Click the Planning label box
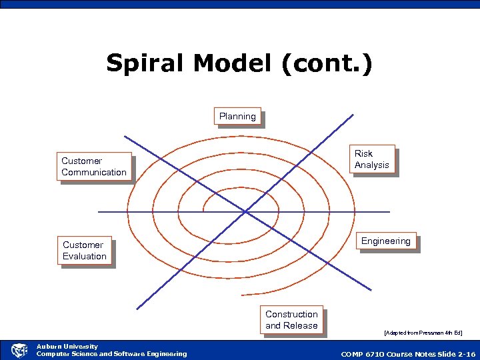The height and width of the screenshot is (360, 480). click(237, 117)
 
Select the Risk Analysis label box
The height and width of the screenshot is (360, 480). click(372, 159)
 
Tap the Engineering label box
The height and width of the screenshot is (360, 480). click(385, 241)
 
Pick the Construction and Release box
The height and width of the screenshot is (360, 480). click(291, 320)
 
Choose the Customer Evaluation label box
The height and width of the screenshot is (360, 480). click(85, 251)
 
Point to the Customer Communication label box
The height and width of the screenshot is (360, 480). click(94, 167)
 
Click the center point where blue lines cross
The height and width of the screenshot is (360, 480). click(246, 212)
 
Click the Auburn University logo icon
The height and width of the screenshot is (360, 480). click(19, 350)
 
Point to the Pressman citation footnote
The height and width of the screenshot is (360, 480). click(423, 332)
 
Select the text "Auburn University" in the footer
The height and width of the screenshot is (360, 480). click(67, 346)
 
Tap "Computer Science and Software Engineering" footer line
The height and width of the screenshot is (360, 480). click(111, 354)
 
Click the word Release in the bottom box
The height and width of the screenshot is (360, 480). click(301, 326)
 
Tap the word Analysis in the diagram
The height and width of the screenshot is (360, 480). click(372, 165)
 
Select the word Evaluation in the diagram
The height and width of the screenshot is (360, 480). click(85, 257)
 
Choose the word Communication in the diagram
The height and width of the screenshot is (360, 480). click(94, 173)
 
